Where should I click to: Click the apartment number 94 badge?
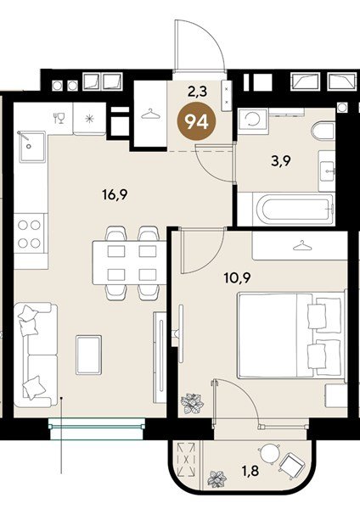pyautogui.click(x=196, y=121)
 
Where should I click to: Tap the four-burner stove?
pyautogui.click(x=29, y=233)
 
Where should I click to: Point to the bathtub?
pyautogui.click(x=284, y=210)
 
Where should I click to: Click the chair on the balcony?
pyautogui.click(x=293, y=464)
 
